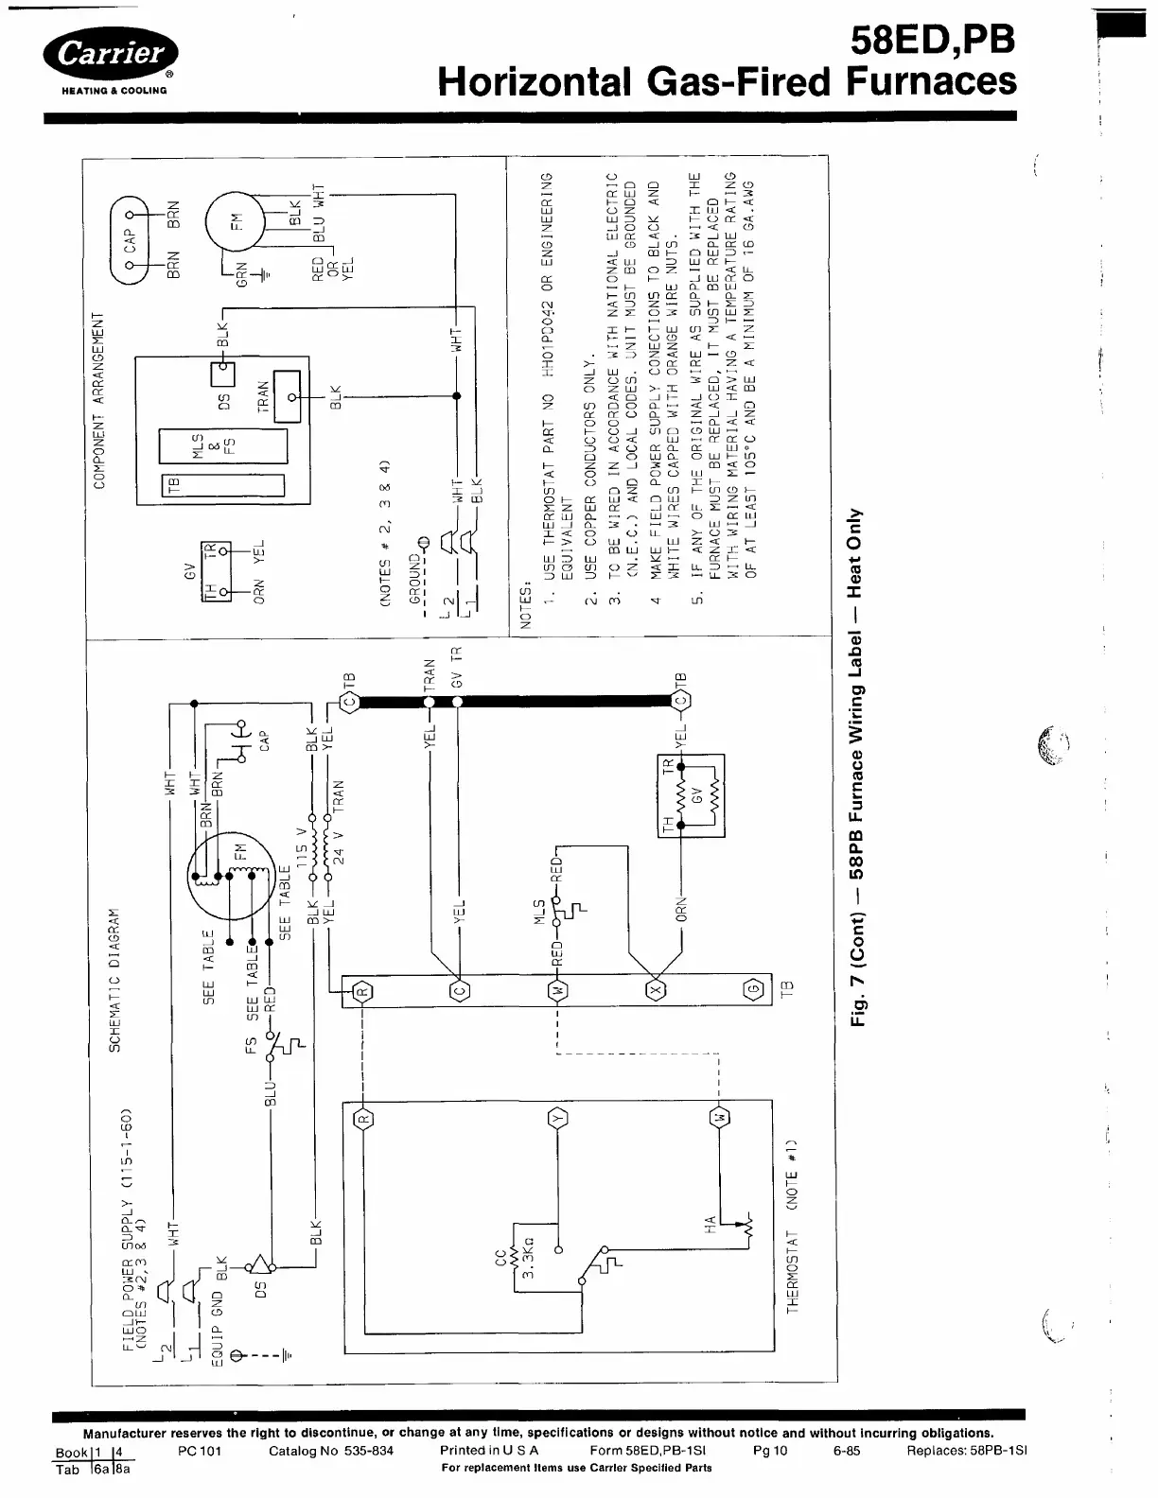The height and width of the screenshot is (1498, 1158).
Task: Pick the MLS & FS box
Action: click(x=223, y=444)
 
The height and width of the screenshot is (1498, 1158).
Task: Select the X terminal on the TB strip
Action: click(x=654, y=990)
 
